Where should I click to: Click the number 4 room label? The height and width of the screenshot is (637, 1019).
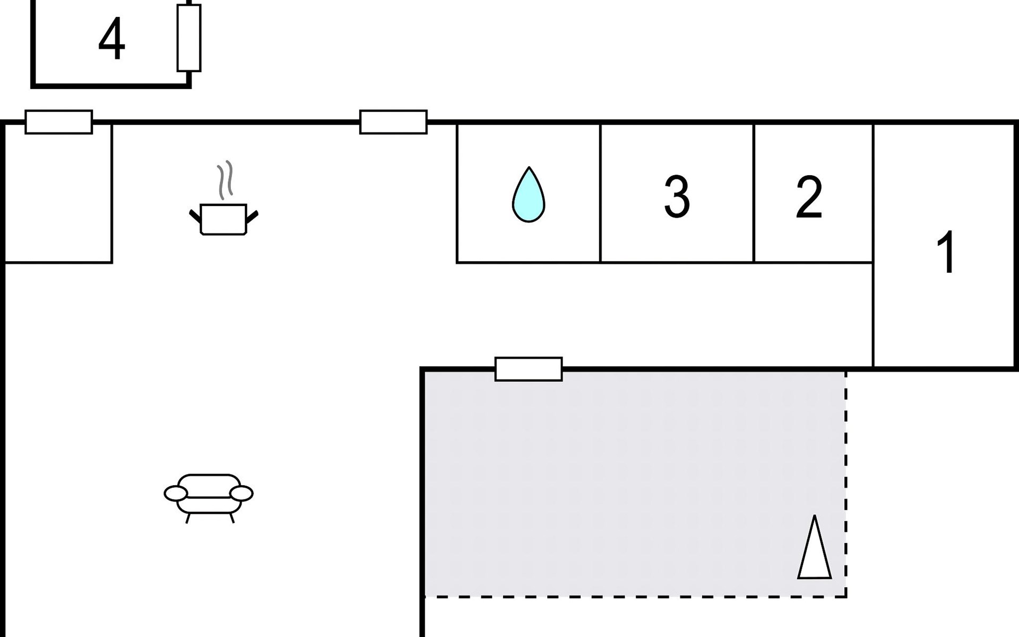click(111, 40)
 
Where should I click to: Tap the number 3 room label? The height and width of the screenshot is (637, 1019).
click(677, 197)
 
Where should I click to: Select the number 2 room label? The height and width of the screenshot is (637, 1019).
click(809, 197)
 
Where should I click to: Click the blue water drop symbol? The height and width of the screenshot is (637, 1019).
click(529, 195)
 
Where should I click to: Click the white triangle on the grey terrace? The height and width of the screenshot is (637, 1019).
click(814, 549)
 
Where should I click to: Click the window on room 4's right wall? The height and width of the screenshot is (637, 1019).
click(189, 38)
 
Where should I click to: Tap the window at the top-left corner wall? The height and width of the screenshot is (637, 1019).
click(59, 122)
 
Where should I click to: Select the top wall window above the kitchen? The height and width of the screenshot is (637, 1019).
click(393, 122)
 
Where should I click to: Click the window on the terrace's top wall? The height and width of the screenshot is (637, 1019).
click(529, 369)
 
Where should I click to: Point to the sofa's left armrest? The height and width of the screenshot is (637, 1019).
click(176, 494)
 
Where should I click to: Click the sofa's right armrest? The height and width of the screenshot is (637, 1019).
click(241, 494)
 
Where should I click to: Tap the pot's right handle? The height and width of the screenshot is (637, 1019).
click(252, 217)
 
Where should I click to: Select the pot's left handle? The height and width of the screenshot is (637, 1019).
click(195, 217)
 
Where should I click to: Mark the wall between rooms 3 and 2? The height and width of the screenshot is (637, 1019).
click(754, 194)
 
